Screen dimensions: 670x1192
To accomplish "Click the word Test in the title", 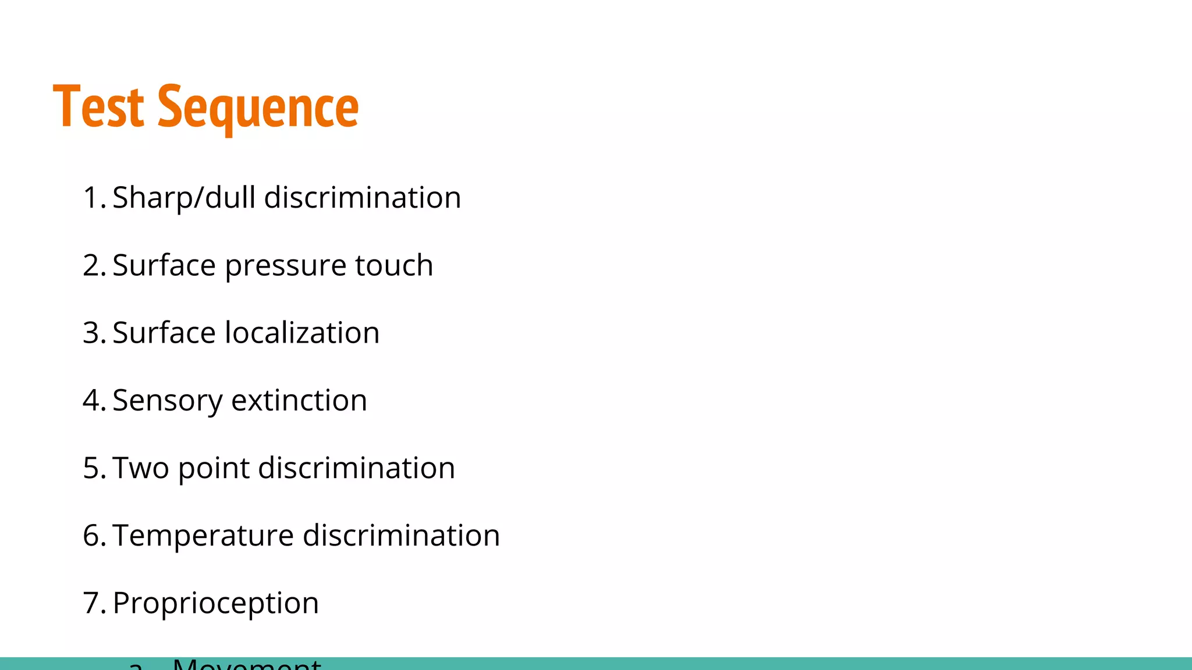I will [98, 107].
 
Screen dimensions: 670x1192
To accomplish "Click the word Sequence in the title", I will [258, 108].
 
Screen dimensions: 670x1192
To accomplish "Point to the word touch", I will [394, 266].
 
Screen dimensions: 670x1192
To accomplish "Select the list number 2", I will [94, 266].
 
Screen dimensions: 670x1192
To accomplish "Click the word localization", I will [302, 333].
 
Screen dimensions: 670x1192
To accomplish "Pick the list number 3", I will [94, 333].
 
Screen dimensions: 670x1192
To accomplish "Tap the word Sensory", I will [167, 401].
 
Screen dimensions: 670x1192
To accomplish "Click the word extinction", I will [299, 401].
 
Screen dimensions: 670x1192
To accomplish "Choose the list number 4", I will [94, 401].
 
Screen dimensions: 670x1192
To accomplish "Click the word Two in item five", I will [140, 468].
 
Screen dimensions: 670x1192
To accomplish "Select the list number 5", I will [94, 468].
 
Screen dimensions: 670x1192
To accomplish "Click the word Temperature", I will [203, 536].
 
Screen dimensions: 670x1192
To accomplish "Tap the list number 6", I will [94, 536].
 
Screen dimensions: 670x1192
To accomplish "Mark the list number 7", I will [94, 603].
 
